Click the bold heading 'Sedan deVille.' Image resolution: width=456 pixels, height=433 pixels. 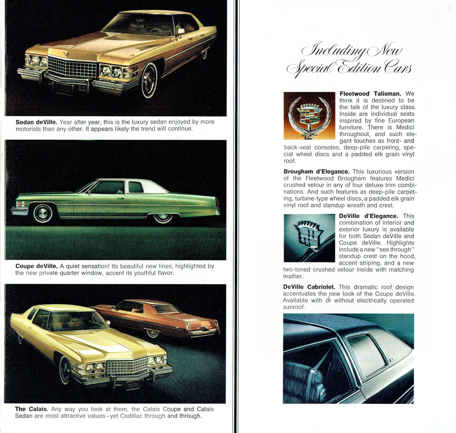(36, 122)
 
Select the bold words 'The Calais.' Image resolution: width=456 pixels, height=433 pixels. (31, 409)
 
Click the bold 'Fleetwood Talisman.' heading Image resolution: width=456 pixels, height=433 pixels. (370, 94)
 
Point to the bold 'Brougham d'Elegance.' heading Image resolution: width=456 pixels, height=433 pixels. (317, 172)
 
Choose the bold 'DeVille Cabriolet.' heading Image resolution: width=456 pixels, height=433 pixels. (309, 287)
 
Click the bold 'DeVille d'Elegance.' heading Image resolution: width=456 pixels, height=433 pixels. (368, 216)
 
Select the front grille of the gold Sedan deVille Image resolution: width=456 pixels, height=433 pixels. (72, 67)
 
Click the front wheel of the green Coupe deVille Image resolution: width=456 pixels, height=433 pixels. (43, 213)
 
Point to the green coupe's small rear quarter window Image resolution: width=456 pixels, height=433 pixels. (136, 187)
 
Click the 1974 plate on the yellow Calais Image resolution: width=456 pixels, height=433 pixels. (133, 385)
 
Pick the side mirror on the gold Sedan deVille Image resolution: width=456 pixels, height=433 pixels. (181, 31)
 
